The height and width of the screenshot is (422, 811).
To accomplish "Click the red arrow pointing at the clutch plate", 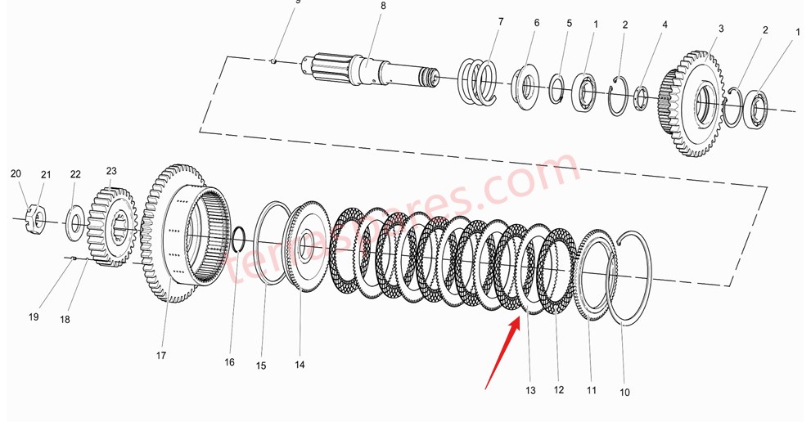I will (x=502, y=352).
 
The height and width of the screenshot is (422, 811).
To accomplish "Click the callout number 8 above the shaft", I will (x=382, y=7).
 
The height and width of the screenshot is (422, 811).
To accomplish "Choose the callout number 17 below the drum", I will (x=161, y=356).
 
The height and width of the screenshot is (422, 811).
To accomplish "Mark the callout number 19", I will (x=34, y=316).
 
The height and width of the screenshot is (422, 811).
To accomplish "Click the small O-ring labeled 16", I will (x=237, y=240).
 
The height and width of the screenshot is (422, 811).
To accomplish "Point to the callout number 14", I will (x=300, y=365).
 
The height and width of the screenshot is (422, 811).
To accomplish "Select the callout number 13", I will (x=530, y=391).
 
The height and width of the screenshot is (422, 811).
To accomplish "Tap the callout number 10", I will (x=624, y=393).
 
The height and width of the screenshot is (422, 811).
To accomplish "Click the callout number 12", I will (x=559, y=390).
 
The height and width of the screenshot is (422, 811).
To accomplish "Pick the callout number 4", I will (x=665, y=25).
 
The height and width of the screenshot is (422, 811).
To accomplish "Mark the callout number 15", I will (x=260, y=366).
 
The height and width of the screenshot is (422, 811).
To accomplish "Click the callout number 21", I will (x=46, y=174).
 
